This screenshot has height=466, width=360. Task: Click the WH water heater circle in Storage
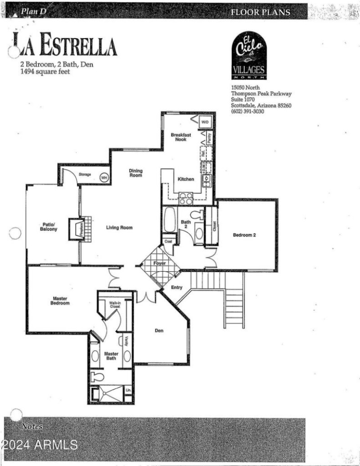[104, 177]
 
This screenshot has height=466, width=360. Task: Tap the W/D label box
[205, 122]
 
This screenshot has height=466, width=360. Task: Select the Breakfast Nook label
[181, 137]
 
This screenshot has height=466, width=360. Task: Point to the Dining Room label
[135, 173]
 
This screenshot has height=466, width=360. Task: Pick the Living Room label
[119, 228]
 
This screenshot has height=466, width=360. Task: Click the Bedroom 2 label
[244, 235]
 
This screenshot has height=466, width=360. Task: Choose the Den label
[159, 331]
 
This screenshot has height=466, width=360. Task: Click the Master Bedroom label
[60, 301]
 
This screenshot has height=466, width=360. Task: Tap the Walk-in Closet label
[116, 305]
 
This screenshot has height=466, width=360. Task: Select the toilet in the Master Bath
[97, 376]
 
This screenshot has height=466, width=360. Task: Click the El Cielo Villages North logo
[249, 56]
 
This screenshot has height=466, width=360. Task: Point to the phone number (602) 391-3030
[247, 112]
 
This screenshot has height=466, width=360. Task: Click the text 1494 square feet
[45, 72]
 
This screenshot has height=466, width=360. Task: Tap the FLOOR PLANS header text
[261, 12]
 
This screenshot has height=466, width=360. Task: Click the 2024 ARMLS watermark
[39, 445]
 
